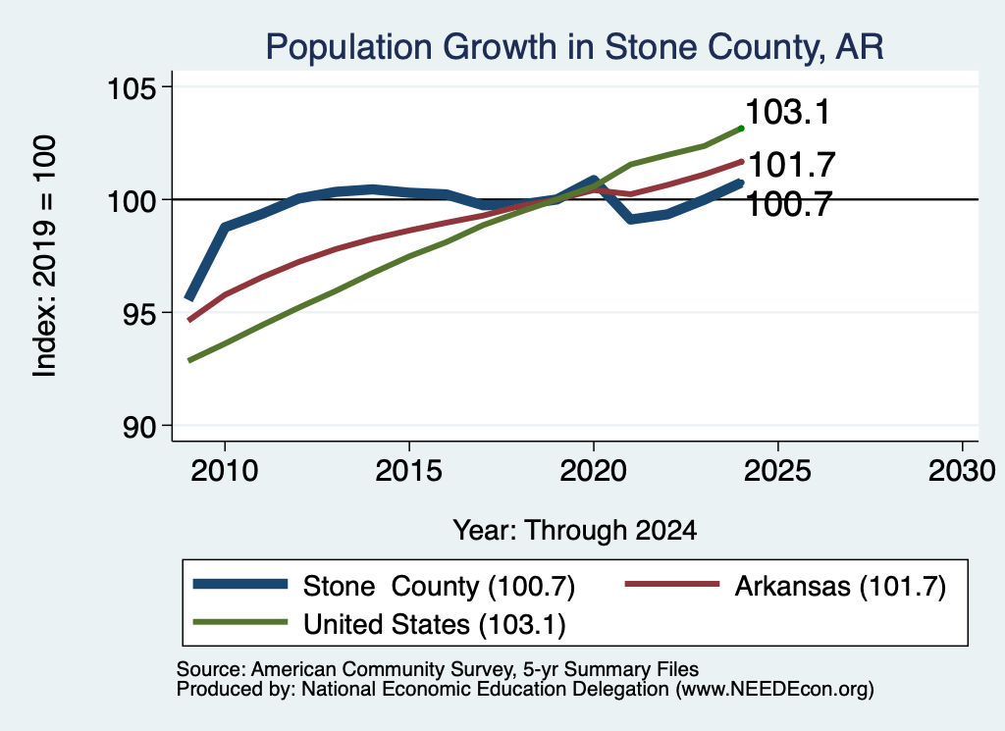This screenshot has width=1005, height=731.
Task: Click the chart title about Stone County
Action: (574, 47)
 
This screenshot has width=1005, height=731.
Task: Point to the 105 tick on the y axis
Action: (132, 87)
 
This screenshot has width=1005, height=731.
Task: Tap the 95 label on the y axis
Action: (139, 313)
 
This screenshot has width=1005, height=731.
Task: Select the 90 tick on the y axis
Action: (139, 426)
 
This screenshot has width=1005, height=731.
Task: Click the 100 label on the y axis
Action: (132, 200)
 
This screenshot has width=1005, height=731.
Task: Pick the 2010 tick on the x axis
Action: (225, 471)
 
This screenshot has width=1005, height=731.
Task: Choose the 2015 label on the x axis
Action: (409, 471)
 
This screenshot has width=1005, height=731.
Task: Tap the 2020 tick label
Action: (594, 471)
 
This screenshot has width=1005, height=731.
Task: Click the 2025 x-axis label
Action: (777, 471)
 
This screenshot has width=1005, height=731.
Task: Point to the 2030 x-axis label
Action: (962, 471)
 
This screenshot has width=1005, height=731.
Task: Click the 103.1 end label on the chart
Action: (788, 112)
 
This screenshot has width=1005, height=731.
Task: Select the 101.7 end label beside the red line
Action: (792, 165)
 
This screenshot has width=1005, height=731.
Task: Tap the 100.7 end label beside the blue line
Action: (789, 205)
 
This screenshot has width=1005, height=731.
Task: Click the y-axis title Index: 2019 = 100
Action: (45, 256)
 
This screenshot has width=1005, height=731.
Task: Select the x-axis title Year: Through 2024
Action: (575, 531)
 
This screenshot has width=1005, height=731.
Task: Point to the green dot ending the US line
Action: (742, 129)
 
